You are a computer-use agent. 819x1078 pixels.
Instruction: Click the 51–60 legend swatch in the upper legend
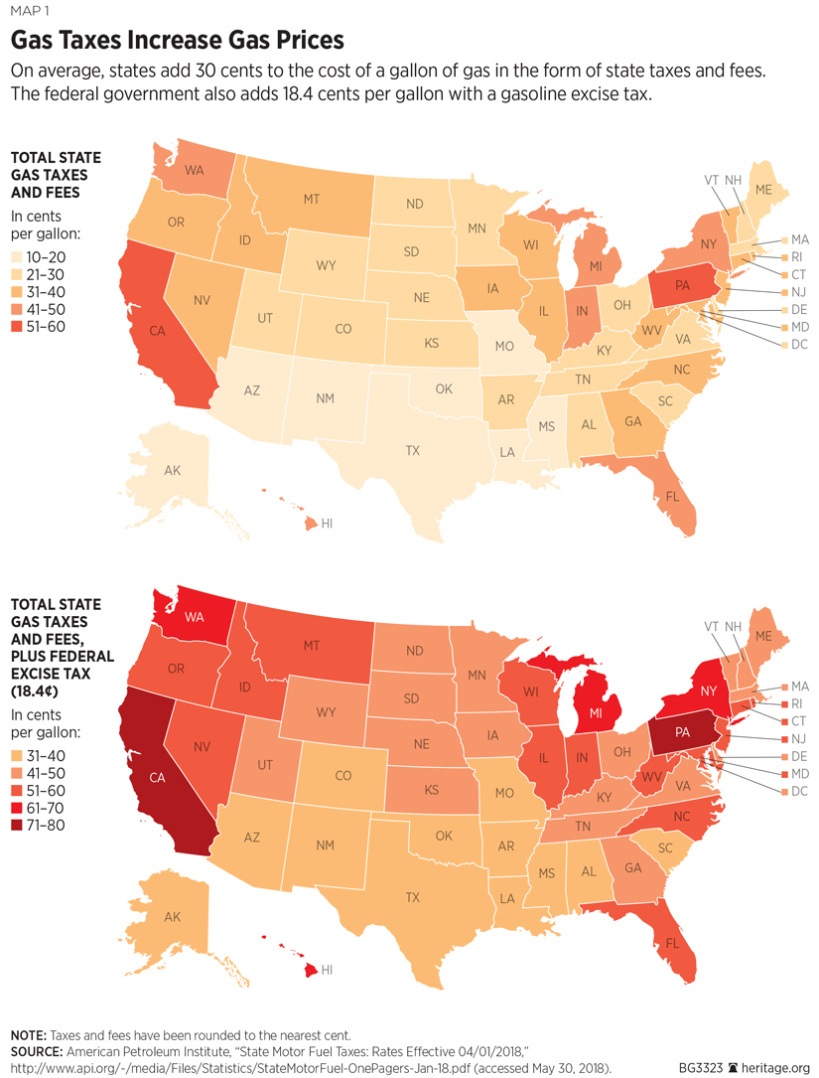[x=17, y=327]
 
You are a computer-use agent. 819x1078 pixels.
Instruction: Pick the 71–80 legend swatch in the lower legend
[x=17, y=826]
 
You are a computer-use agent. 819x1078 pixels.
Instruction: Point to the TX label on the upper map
[x=412, y=450]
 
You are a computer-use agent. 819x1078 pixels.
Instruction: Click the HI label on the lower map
[x=327, y=970]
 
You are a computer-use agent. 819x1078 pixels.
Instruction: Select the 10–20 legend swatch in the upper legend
[x=17, y=255]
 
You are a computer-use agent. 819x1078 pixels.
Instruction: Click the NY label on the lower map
[x=708, y=690]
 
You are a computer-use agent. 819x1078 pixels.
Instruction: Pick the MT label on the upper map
[x=311, y=199]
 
